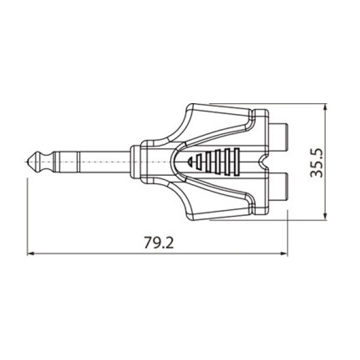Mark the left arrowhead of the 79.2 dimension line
click(32, 253)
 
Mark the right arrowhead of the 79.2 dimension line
click(284, 253)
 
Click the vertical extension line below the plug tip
click(28, 216)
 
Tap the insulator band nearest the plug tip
click(50, 162)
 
